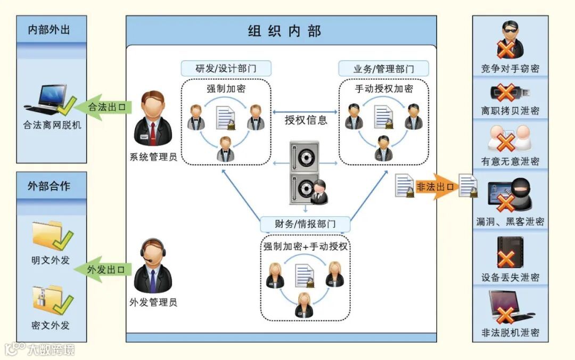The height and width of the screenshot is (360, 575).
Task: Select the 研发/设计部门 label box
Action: (226, 69)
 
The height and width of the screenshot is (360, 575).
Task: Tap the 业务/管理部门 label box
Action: (383, 69)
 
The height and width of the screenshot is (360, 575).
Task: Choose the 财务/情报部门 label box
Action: (305, 224)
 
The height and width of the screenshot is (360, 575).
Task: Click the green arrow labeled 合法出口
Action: (102, 107)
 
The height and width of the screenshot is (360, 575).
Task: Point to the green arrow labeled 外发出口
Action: (102, 269)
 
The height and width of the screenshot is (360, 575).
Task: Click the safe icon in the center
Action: (305, 173)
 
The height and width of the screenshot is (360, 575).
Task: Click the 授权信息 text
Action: (306, 120)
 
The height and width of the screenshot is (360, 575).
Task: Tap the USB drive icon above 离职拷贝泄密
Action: (510, 93)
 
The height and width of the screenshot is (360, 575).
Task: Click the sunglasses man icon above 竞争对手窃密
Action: (510, 40)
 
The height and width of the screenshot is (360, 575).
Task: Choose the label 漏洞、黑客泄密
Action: (510, 222)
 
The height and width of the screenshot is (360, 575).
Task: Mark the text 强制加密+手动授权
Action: (305, 247)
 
